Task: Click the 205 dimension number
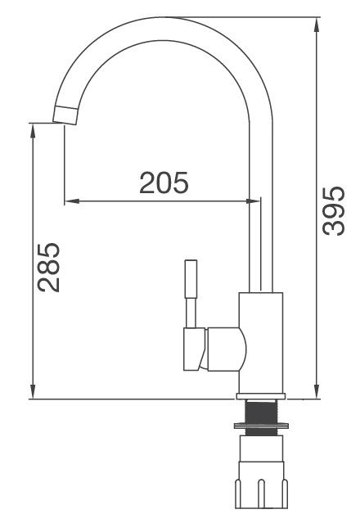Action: tap(164, 183)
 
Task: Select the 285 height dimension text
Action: tap(48, 267)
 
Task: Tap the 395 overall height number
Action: tap(332, 211)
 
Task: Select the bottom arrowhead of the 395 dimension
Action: tap(316, 391)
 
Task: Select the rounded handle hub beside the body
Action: tap(226, 348)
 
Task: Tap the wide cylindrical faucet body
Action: tap(261, 344)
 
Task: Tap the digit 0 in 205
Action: tap(164, 183)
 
